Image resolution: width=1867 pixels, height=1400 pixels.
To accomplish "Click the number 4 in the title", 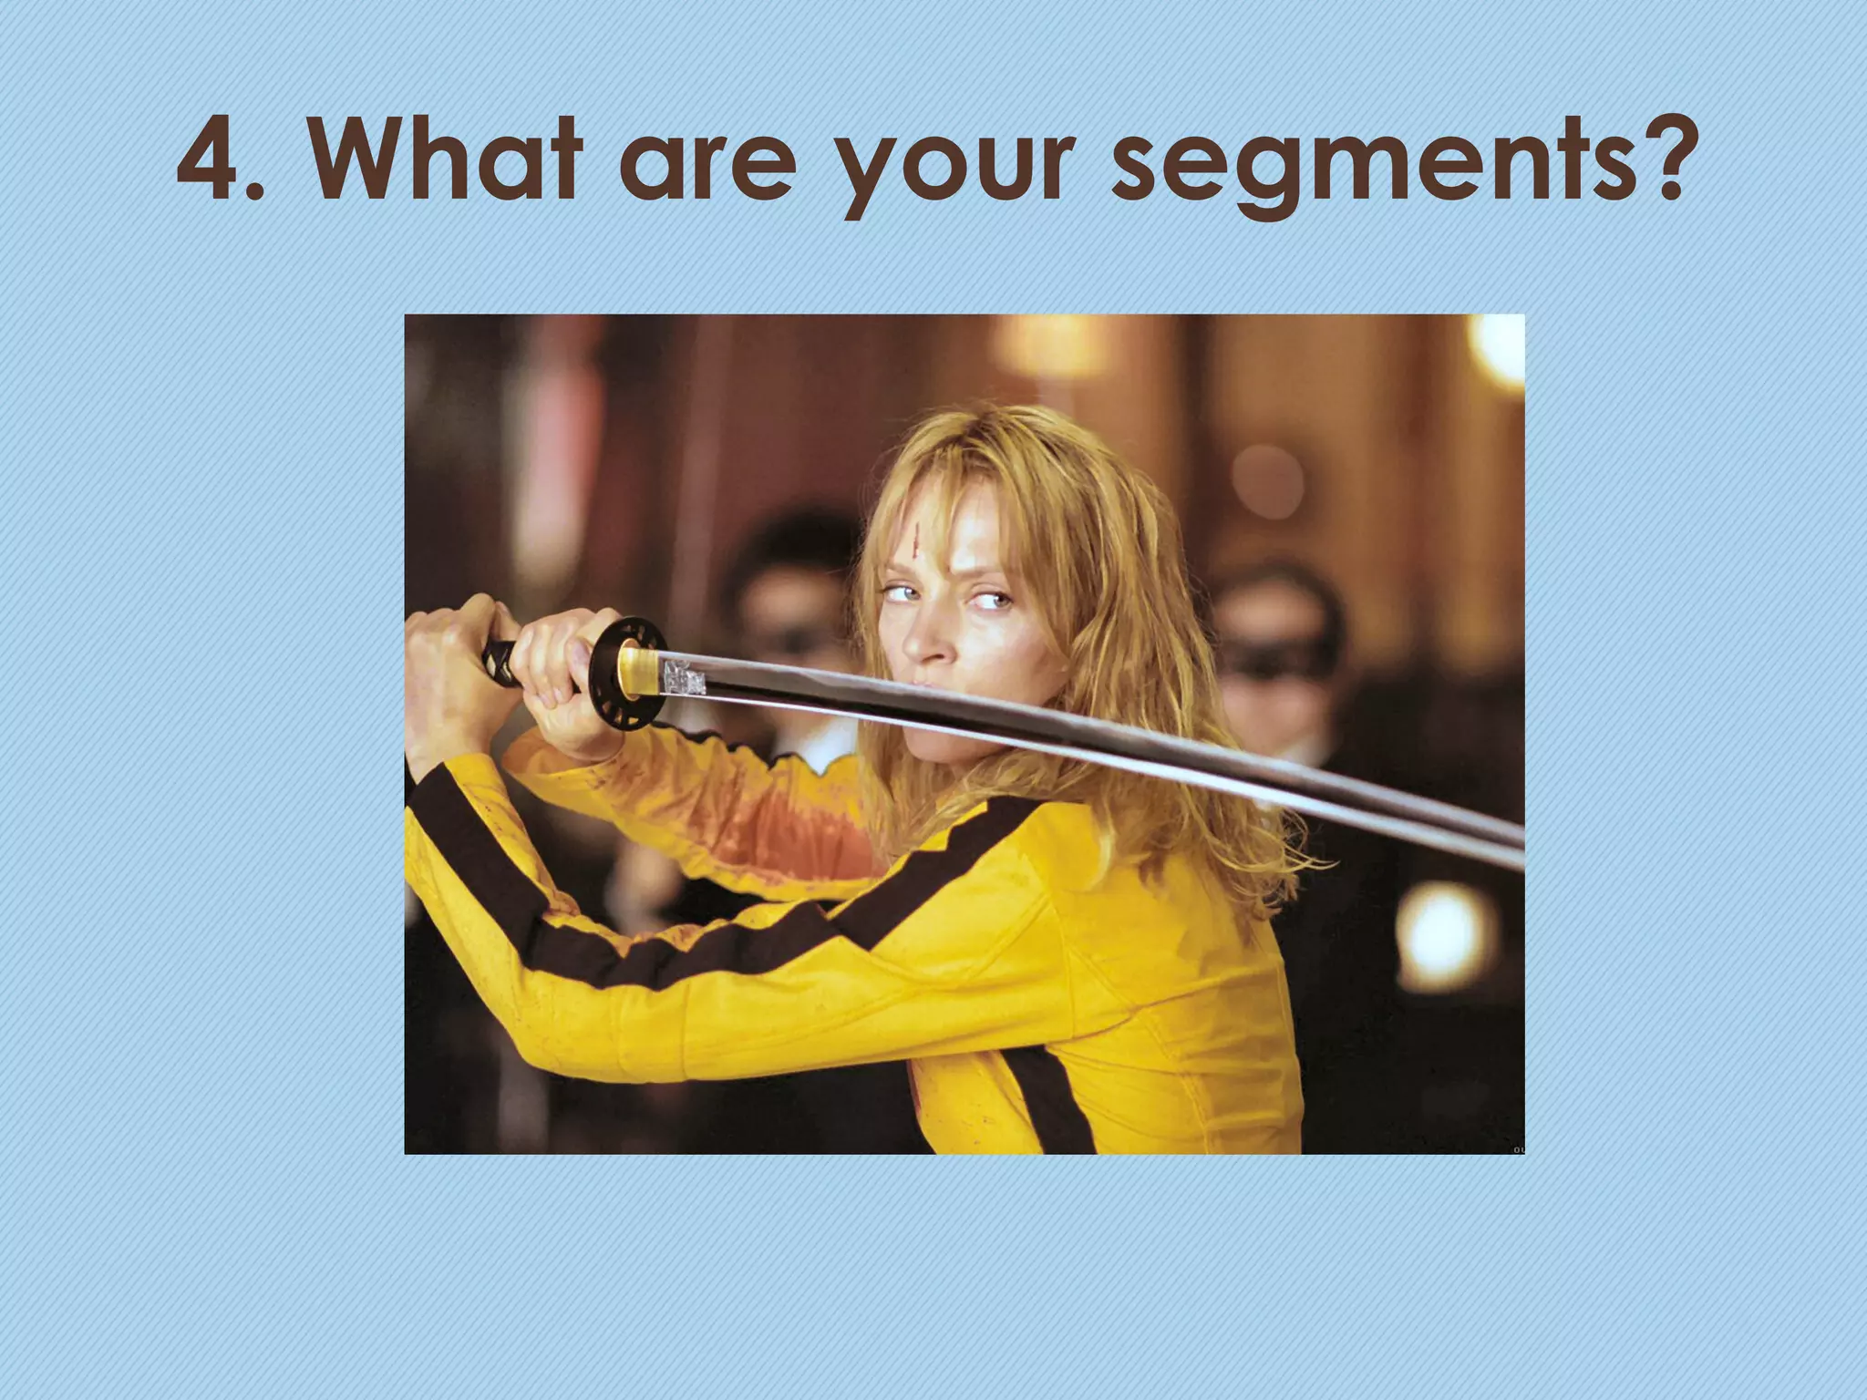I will [211, 162].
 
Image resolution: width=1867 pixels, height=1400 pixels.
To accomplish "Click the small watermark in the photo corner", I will [1518, 1149].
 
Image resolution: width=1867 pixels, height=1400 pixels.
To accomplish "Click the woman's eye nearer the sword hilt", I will [897, 594].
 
